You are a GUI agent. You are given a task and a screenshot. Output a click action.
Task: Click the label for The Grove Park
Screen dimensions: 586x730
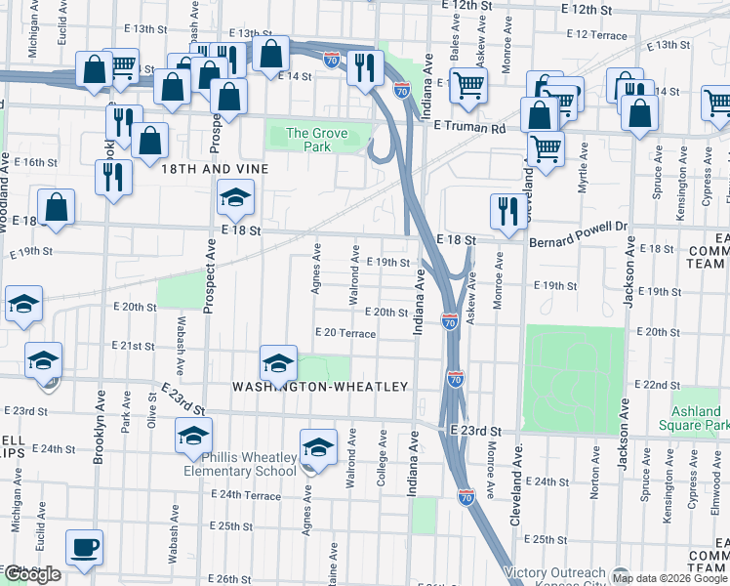308,141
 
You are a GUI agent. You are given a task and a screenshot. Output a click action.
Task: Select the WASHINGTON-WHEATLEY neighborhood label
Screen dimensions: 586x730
319,387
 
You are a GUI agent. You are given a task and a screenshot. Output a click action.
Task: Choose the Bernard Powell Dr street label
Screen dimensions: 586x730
575,239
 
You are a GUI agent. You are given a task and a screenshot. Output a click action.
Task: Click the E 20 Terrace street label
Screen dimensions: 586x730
345,333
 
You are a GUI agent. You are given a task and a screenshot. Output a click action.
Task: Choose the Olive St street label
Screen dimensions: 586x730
151,409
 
